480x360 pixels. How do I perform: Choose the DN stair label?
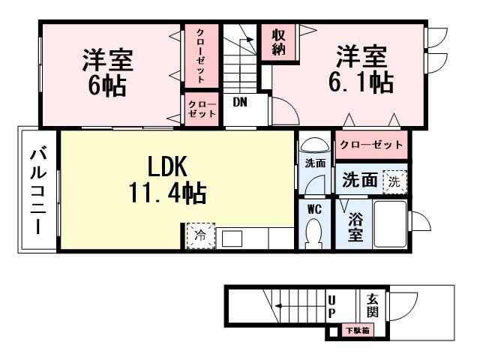click(239, 101)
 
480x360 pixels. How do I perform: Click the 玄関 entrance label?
click(373, 303)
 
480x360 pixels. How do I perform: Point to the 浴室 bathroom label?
click(355, 227)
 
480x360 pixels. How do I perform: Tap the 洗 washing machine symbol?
click(394, 181)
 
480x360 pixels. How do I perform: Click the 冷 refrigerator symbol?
click(200, 235)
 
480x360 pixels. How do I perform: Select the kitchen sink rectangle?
click(231, 238)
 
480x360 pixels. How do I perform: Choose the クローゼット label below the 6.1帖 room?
click(370, 144)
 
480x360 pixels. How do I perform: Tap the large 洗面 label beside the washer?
click(360, 181)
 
